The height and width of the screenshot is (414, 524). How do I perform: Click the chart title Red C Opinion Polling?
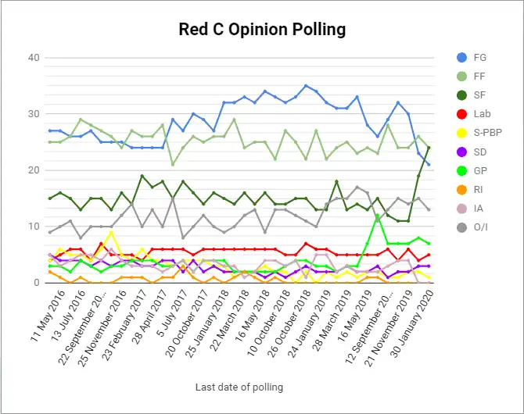coord(262,30)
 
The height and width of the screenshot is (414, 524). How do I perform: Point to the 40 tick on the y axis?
coord(34,58)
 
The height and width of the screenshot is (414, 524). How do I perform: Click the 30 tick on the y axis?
coord(34,114)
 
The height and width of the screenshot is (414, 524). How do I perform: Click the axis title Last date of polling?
coord(239,387)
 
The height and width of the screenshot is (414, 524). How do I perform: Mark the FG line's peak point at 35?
coord(306,86)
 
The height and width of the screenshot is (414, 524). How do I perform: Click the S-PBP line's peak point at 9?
coord(111,232)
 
